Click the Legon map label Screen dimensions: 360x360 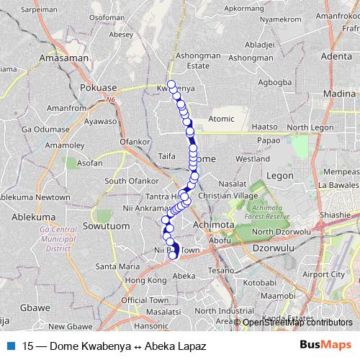pyautogui.click(x=279, y=175)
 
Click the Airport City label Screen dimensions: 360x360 pyautogui.click(x=323, y=274)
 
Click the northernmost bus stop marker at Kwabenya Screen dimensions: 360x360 pyautogui.click(x=171, y=84)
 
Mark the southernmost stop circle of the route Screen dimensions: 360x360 pyautogui.click(x=173, y=255)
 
